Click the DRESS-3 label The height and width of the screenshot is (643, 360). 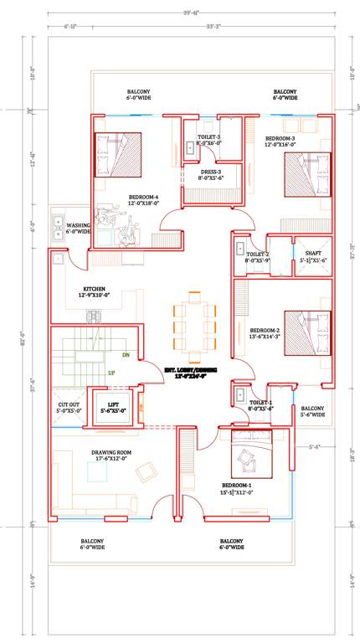(209, 174)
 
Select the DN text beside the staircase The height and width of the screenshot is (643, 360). (126, 356)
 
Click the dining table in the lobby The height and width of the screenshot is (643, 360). (194, 322)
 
